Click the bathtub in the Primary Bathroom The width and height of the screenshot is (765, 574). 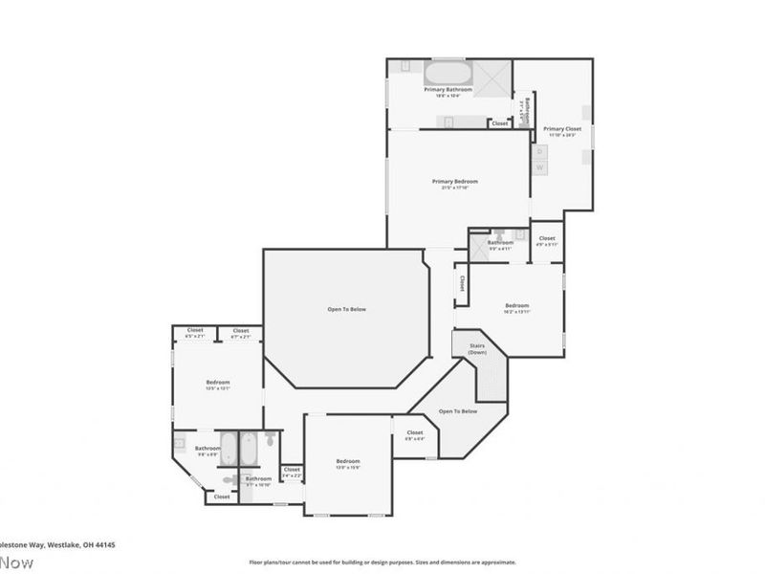(x=447, y=74)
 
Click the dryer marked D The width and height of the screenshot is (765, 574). (x=539, y=151)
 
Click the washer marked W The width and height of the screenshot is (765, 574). (x=539, y=167)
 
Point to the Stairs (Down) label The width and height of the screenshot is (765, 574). (x=477, y=350)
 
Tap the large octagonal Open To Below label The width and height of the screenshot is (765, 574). (x=346, y=309)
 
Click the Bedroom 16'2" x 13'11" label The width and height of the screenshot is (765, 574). (x=516, y=308)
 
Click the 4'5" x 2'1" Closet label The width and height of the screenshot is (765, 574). (x=194, y=333)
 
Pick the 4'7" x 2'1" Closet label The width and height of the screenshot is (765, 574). (x=241, y=333)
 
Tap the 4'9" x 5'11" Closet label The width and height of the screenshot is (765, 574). (x=546, y=241)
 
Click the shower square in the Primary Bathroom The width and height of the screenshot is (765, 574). (x=493, y=76)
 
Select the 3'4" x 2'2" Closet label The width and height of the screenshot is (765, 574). (x=292, y=472)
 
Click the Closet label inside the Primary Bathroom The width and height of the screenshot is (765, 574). (x=499, y=123)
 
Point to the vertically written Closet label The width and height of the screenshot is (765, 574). (x=462, y=284)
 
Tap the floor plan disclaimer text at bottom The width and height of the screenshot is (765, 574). (x=382, y=563)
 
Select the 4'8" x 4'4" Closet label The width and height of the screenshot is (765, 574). (x=414, y=435)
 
